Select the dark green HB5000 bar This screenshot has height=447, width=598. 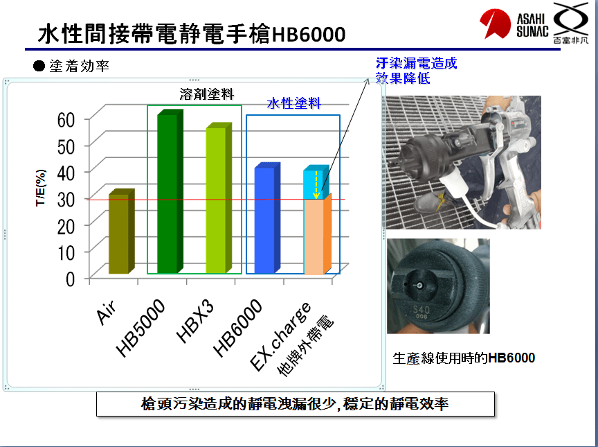click(x=170, y=192)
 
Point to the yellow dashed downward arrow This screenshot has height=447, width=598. click(x=316, y=185)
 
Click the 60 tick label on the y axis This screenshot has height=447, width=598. click(x=66, y=120)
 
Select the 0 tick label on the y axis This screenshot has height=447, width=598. click(x=70, y=279)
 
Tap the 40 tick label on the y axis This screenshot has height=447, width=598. click(x=66, y=173)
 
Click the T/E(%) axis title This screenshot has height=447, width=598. click(x=41, y=187)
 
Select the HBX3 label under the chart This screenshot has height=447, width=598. click(x=195, y=322)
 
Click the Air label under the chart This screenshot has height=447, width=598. click(x=106, y=312)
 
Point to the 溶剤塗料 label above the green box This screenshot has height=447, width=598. click(x=207, y=94)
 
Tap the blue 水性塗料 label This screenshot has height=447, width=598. click(x=293, y=103)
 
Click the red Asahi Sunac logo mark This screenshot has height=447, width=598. click(x=495, y=24)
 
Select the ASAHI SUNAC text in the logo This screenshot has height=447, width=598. click(x=532, y=25)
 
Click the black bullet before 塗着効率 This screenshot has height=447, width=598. click(x=39, y=66)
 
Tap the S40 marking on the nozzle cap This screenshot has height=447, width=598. click(x=422, y=309)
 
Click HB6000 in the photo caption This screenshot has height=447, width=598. click(x=511, y=358)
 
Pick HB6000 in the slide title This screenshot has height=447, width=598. click(x=308, y=35)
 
